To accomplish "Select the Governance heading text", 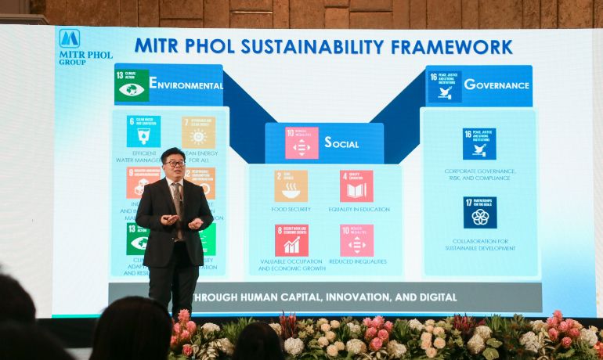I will click(497, 84).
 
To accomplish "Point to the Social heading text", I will click(341, 142).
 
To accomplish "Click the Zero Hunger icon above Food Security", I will click(291, 186).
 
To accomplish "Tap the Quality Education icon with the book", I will click(356, 186).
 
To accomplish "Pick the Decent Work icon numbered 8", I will click(291, 240).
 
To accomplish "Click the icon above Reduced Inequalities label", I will click(356, 240).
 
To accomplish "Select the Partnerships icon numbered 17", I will click(479, 212).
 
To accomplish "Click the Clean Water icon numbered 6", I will click(143, 131).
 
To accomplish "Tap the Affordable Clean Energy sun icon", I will click(198, 132).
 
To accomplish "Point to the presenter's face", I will click(173, 164).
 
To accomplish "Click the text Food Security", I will click(291, 209).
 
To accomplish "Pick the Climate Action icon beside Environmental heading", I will click(132, 85).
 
